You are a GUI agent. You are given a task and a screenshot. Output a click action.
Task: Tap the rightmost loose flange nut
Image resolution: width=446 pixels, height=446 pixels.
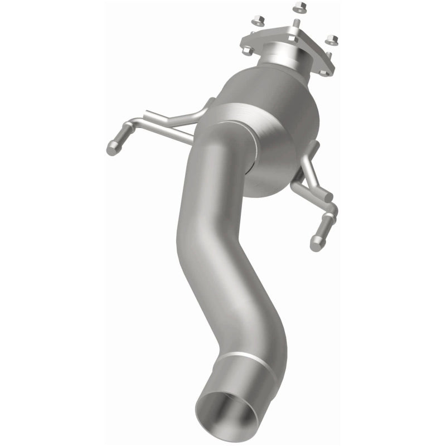click(333, 39)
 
